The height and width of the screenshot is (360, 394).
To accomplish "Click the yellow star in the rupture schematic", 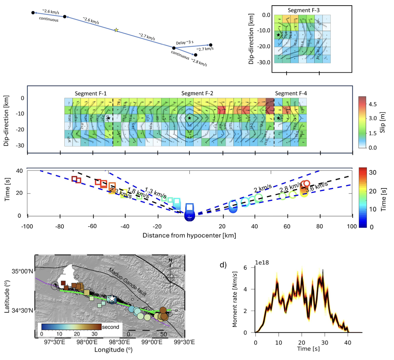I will pyautogui.click(x=116, y=30).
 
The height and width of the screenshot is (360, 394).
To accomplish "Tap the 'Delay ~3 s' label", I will pyautogui.click(x=185, y=43).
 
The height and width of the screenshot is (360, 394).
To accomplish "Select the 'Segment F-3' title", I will pyautogui.click(x=304, y=10).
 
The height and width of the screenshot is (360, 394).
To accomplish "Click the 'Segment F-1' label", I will pyautogui.click(x=90, y=94).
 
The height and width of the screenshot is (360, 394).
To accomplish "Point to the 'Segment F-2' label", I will pyautogui.click(x=197, y=93).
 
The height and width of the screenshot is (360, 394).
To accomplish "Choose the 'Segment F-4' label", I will pyautogui.click(x=291, y=93).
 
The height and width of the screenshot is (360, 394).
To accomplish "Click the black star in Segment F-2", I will pyautogui.click(x=189, y=118).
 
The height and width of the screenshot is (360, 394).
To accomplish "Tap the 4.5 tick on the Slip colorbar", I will pyautogui.click(x=373, y=104).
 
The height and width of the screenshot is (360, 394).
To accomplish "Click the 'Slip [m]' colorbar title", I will pyautogui.click(x=383, y=122).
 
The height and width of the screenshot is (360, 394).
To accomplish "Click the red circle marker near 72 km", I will pyautogui.click(x=306, y=184).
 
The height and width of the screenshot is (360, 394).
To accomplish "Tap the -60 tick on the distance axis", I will pyautogui.click(x=92, y=226).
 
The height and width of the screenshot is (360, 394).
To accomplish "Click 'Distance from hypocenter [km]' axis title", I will pyautogui.click(x=189, y=235).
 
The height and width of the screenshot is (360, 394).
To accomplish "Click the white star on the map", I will pyautogui.click(x=112, y=299).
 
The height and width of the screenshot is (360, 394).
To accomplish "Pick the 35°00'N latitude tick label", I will pyautogui.click(x=22, y=271).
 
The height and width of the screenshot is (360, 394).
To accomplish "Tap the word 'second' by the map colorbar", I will pyautogui.click(x=110, y=327).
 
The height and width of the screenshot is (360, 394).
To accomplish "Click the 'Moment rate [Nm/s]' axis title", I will pyautogui.click(x=235, y=299).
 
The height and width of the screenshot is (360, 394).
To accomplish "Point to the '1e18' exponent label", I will pyautogui.click(x=262, y=263).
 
